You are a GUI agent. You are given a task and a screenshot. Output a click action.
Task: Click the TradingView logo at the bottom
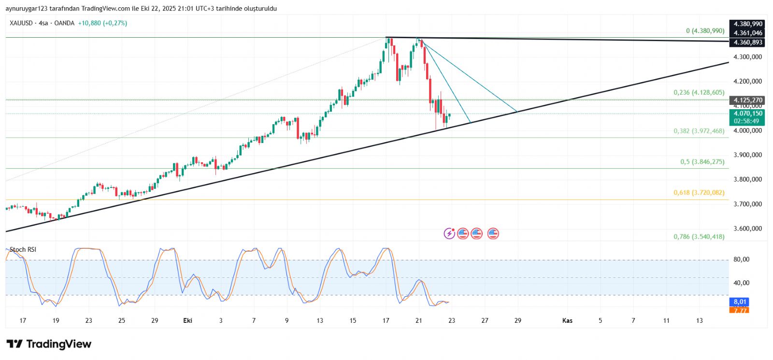click(49, 344)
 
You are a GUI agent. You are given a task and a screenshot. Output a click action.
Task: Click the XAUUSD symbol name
click(21, 23)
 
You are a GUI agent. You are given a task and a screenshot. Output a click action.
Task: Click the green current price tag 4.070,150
click(748, 114)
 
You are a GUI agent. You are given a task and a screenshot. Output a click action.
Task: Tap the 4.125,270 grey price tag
click(748, 100)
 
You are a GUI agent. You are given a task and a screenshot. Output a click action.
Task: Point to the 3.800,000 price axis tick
click(747, 179)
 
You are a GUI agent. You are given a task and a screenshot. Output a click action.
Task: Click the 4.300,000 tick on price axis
click(747, 57)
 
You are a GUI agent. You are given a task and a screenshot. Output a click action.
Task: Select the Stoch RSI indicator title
click(23, 250)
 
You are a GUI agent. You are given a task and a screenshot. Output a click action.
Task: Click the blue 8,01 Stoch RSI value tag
click(740, 302)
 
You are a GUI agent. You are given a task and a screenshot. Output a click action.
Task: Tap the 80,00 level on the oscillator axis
click(741, 259)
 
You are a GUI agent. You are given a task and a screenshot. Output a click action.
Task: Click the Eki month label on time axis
click(188, 320)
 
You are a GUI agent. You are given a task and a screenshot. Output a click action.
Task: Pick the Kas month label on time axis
click(567, 320)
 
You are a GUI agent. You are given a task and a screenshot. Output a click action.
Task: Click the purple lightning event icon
click(449, 234)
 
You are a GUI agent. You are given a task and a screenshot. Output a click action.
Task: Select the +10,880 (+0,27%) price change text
click(102, 23)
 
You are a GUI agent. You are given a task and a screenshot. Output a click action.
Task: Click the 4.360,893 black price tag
click(748, 43)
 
